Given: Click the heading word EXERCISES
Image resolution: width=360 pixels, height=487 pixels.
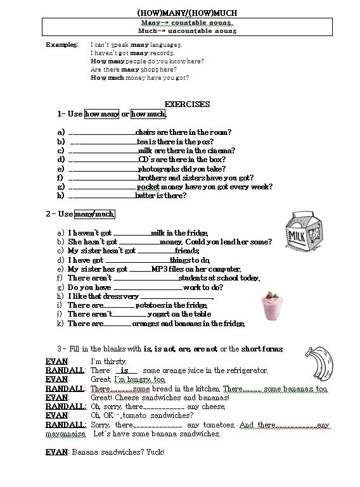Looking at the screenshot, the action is [x=187, y=104].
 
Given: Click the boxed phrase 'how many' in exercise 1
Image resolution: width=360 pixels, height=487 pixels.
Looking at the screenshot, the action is [x=101, y=114].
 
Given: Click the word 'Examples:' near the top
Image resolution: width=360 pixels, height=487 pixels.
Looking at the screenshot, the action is [x=63, y=45].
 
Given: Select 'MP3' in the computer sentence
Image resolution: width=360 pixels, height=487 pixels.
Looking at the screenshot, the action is [x=158, y=269].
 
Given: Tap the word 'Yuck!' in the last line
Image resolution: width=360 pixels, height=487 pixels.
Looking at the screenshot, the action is [x=155, y=452].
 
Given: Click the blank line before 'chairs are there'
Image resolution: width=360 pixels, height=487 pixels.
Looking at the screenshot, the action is [x=101, y=132].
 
